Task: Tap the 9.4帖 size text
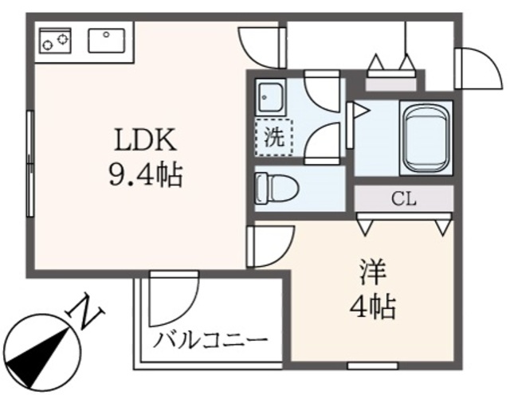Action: [145, 173]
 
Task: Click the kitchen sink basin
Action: [105, 38]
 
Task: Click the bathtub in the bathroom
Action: [425, 137]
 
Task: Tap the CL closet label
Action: [404, 199]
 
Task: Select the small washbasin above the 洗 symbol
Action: [269, 97]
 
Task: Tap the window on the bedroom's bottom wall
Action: [372, 365]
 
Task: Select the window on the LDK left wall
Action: [29, 163]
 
